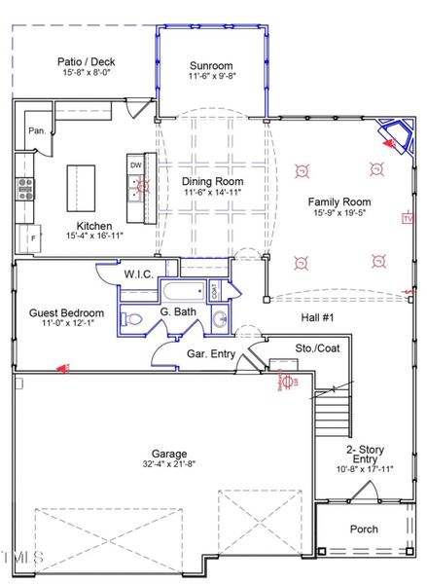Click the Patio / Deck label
84,61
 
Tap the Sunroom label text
211,66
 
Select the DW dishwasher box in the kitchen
135,164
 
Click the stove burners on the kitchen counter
24,187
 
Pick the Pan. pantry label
36,130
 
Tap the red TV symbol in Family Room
407,220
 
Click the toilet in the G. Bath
134,318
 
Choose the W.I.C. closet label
137,274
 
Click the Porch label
363,529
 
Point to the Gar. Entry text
210,353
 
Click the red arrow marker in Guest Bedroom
64,368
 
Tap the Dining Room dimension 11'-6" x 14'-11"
212,193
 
